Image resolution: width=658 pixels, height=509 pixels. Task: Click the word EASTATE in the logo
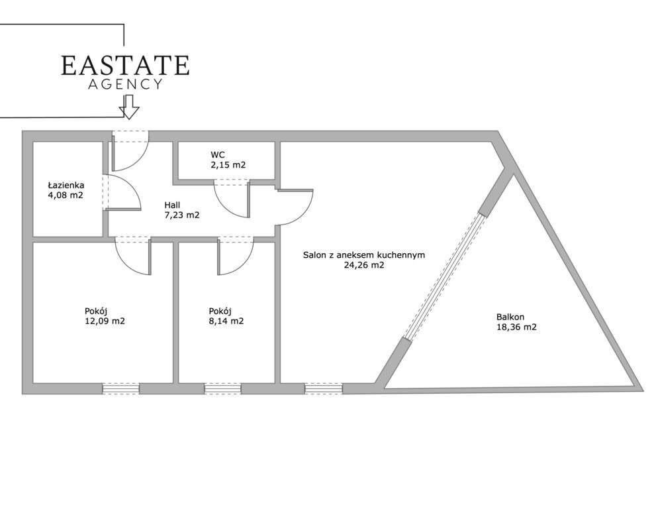[x=125, y=65]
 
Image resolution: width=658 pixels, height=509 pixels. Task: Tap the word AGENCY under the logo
[x=125, y=84]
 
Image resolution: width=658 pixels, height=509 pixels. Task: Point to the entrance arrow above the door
[x=129, y=107]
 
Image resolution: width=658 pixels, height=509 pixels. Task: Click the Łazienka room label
[x=66, y=185]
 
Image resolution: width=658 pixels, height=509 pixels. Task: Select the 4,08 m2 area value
[x=66, y=195]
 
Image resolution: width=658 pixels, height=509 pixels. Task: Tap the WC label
[x=218, y=155]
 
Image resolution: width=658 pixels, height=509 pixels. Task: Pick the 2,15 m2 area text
[x=228, y=165]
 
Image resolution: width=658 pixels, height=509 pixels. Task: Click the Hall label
[x=172, y=205]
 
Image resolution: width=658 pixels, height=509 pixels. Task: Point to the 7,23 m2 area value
[x=181, y=215]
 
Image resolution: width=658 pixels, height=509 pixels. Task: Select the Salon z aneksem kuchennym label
[x=364, y=255]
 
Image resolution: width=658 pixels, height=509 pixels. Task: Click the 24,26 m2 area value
[x=364, y=265]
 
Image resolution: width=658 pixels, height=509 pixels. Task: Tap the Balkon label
[x=510, y=317]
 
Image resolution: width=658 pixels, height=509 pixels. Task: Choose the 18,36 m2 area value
[x=516, y=327]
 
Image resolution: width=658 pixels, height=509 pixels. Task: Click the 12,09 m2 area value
[x=105, y=321]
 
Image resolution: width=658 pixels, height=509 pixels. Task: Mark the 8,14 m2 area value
[x=226, y=321]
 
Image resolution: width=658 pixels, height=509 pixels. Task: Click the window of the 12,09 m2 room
[x=121, y=389]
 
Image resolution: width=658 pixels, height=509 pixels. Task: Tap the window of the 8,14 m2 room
[x=223, y=389]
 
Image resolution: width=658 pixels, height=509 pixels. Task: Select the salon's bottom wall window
[x=324, y=389]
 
